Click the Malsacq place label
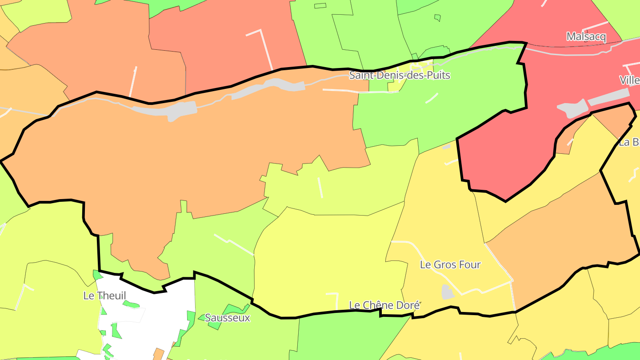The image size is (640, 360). (x=586, y=37)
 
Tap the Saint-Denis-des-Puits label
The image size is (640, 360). (x=400, y=76)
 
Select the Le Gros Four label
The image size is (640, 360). (x=450, y=265)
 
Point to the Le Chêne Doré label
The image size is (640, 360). (x=384, y=305)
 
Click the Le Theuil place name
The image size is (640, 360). (x=104, y=296)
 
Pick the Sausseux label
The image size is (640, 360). (x=227, y=318)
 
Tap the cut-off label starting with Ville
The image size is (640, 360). (x=629, y=80)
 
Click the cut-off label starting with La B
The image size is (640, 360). (x=630, y=143)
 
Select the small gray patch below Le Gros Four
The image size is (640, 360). (x=447, y=292)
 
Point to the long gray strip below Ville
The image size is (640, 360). (x=609, y=97)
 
